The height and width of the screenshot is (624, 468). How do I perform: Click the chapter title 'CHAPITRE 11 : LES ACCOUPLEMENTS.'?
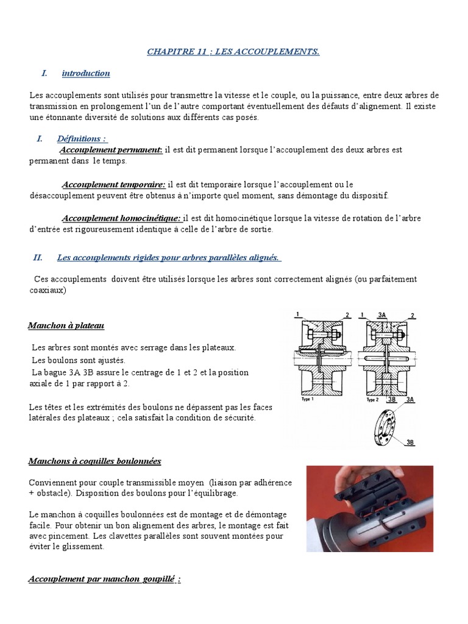pyautogui.click(x=233, y=52)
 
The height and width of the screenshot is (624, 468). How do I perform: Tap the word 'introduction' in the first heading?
pyautogui.click(x=85, y=74)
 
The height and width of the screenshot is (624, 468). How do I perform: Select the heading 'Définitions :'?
pyautogui.click(x=82, y=139)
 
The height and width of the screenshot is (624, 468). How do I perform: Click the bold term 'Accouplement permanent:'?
pyautogui.click(x=110, y=150)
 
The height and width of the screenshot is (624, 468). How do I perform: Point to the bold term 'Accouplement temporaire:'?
pyautogui.click(x=113, y=184)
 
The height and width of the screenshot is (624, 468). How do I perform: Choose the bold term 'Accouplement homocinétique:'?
pyautogui.click(x=121, y=218)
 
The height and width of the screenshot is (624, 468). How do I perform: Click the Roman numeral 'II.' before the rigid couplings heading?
pyautogui.click(x=38, y=258)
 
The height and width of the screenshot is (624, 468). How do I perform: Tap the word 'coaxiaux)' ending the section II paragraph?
pyautogui.click(x=47, y=291)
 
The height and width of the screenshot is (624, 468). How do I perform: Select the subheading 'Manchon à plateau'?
pyautogui.click(x=66, y=326)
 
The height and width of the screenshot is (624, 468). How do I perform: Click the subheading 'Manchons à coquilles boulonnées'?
pyautogui.click(x=94, y=461)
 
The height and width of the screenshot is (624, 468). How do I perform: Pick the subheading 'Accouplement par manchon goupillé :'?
pyautogui.click(x=104, y=579)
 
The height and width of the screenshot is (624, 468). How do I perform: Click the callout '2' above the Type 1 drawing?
pyautogui.click(x=347, y=315)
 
